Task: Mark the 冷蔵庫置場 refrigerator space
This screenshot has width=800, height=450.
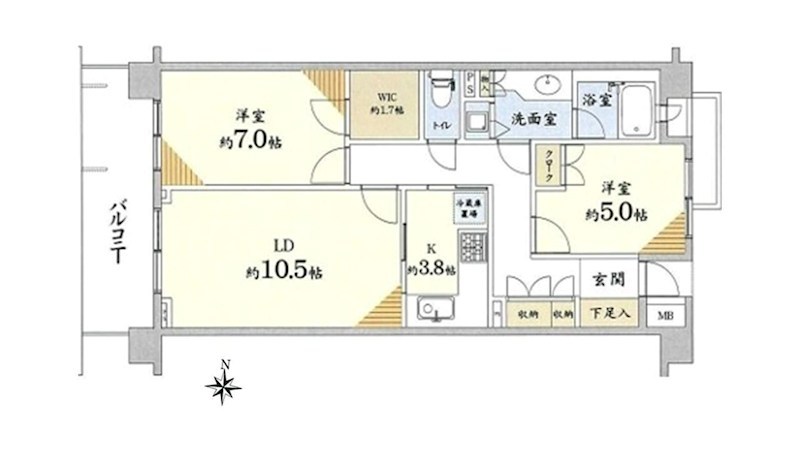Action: pos(469,209)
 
